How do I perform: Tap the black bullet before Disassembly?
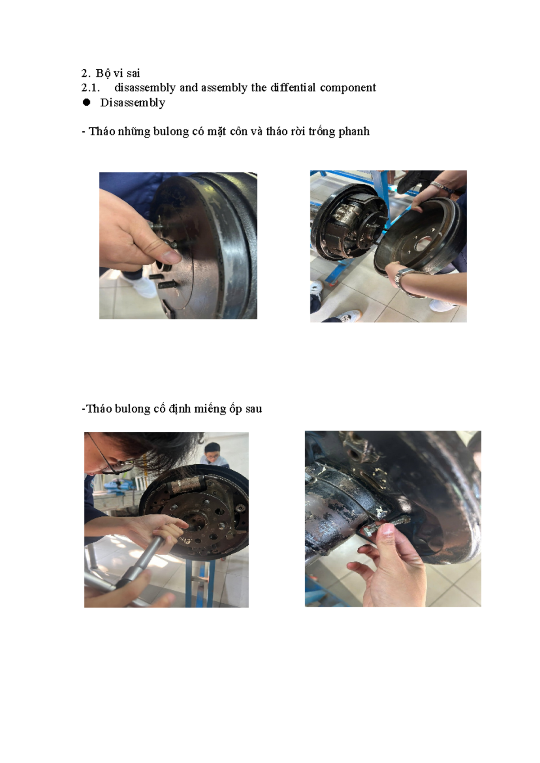coord(86,103)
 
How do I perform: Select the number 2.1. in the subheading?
coord(90,88)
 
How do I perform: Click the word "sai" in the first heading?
coord(133,73)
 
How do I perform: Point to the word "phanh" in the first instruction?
coord(354,131)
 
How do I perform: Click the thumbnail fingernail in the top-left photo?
coord(172,256)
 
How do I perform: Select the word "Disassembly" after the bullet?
coord(132,103)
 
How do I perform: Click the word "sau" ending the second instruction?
coord(254,409)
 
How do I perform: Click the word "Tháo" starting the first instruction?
coord(102,131)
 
